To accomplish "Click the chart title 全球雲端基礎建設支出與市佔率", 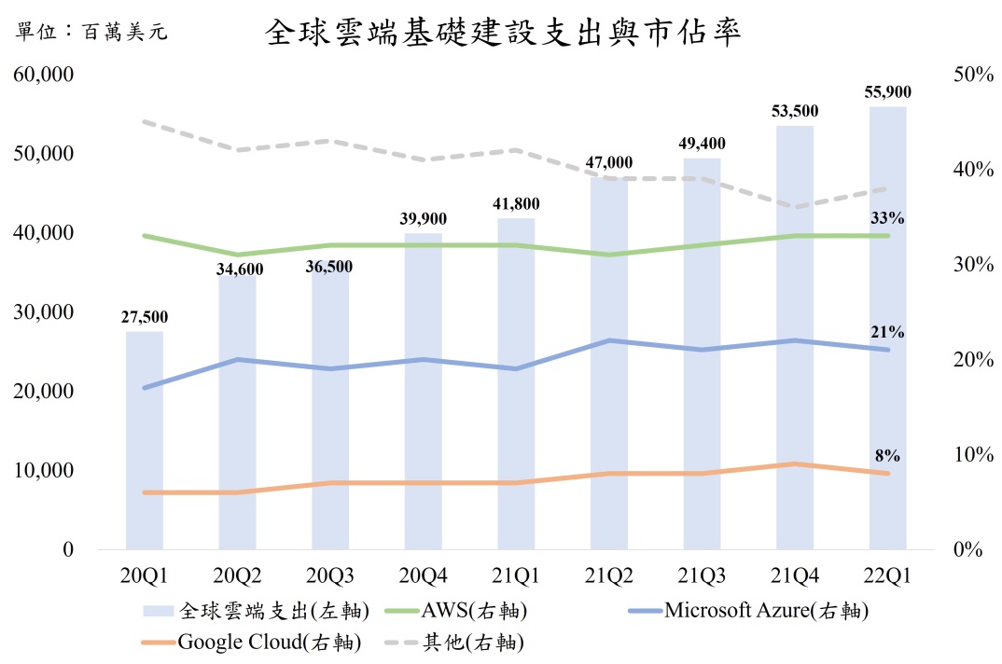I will (503, 34).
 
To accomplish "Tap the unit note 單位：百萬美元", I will (92, 34).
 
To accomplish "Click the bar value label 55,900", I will (887, 91).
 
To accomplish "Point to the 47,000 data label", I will (608, 162).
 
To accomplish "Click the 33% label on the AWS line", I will (887, 218).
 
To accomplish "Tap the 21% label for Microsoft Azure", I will (887, 332).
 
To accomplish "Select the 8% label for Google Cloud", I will (887, 456).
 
